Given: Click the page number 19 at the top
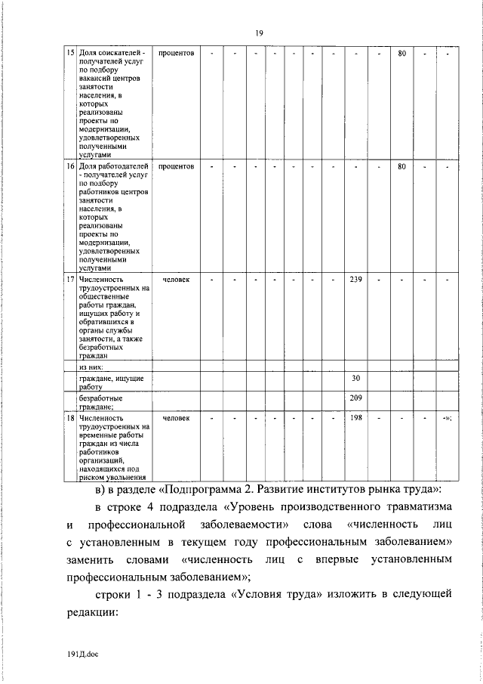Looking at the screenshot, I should pos(259,32).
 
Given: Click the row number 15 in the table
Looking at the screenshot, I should pos(71,54).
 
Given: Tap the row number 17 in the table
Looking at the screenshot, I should pos(71,280).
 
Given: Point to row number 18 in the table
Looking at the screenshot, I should pos(71,417).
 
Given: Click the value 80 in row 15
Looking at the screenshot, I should pos(402,54).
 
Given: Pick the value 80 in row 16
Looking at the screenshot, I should pos(402,166).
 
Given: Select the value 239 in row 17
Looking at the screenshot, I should pos(356,280).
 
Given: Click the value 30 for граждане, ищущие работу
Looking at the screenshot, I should pos(356,378).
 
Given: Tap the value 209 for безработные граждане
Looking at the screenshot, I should pos(356,397).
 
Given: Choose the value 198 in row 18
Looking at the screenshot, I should pos(356,417).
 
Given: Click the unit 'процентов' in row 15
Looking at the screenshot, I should pos(176,54).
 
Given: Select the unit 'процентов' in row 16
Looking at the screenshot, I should pos(176,166).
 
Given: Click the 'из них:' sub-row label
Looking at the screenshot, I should pos(92,366).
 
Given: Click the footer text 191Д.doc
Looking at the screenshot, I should pos(81,655).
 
